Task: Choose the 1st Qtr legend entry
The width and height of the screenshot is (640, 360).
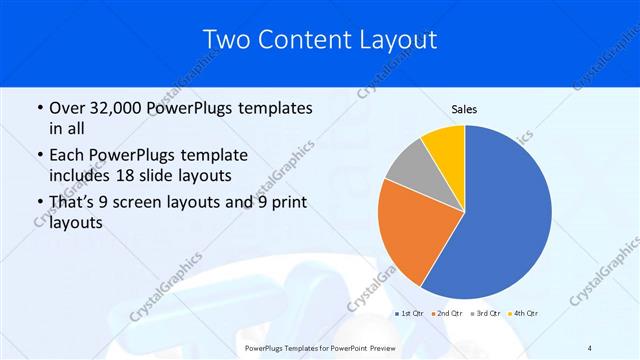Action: coord(409,314)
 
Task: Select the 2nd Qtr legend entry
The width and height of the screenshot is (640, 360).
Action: coord(447,314)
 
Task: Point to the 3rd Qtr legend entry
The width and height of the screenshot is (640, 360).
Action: coord(486,314)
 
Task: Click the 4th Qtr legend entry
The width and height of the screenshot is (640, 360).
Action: coord(525,314)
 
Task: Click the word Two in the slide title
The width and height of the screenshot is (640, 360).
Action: coord(227,40)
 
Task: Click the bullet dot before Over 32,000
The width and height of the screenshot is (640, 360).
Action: coord(38,108)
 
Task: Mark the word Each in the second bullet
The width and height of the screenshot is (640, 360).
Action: coord(67,155)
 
